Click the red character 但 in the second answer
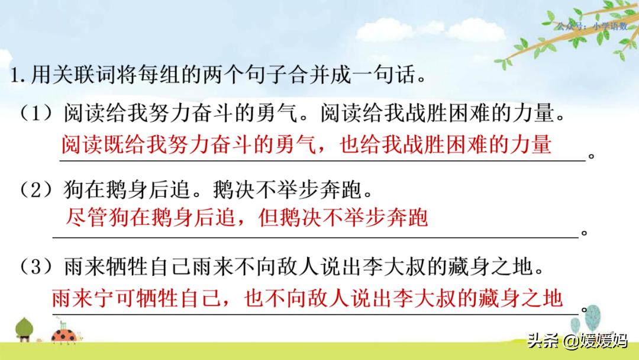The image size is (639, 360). tap(269, 219)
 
